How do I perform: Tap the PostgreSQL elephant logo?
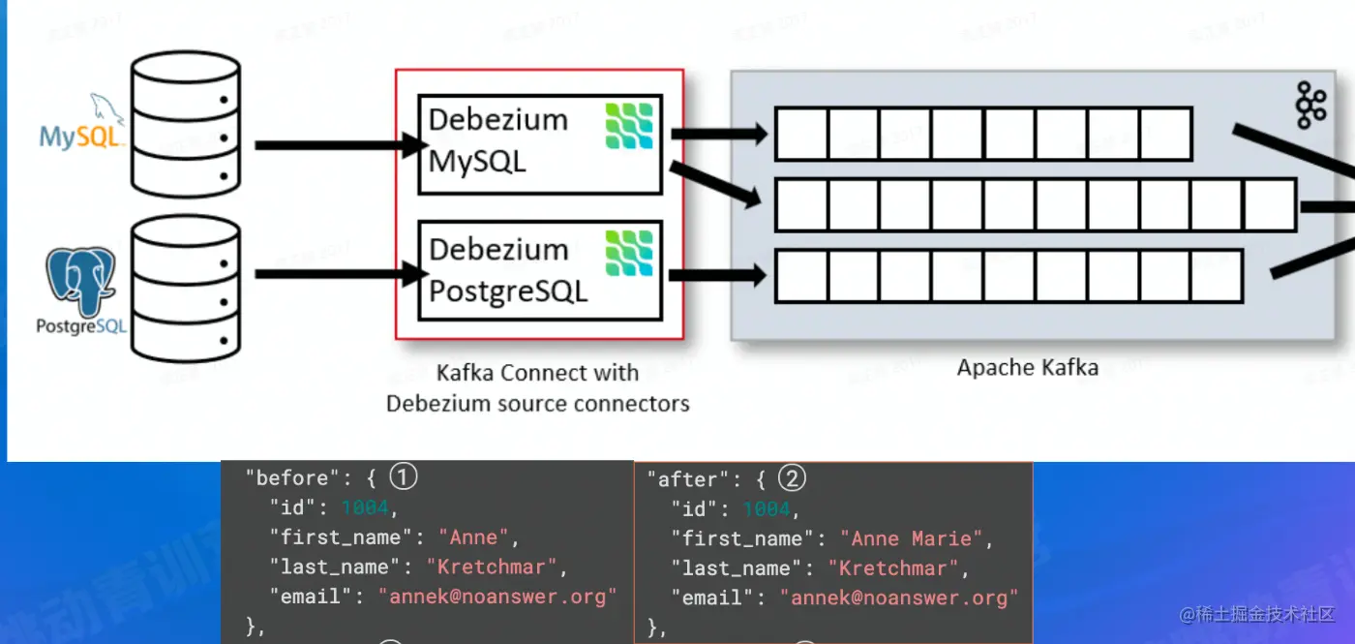[82, 281]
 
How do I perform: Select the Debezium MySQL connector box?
[539, 142]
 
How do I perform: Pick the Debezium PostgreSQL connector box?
[539, 270]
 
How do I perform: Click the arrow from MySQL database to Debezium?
[339, 145]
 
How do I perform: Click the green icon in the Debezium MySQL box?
[629, 126]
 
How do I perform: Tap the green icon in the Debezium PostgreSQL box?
[629, 254]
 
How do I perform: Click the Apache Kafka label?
[1027, 368]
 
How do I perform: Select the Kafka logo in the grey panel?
[1310, 106]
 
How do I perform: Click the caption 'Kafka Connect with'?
[537, 373]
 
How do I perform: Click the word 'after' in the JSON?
[688, 479]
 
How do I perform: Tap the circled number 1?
[404, 476]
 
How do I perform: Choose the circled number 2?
[792, 477]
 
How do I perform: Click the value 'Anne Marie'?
[911, 538]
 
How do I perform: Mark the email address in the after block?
[899, 598]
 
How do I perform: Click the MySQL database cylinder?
[185, 123]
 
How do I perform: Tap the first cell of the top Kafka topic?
[801, 135]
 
